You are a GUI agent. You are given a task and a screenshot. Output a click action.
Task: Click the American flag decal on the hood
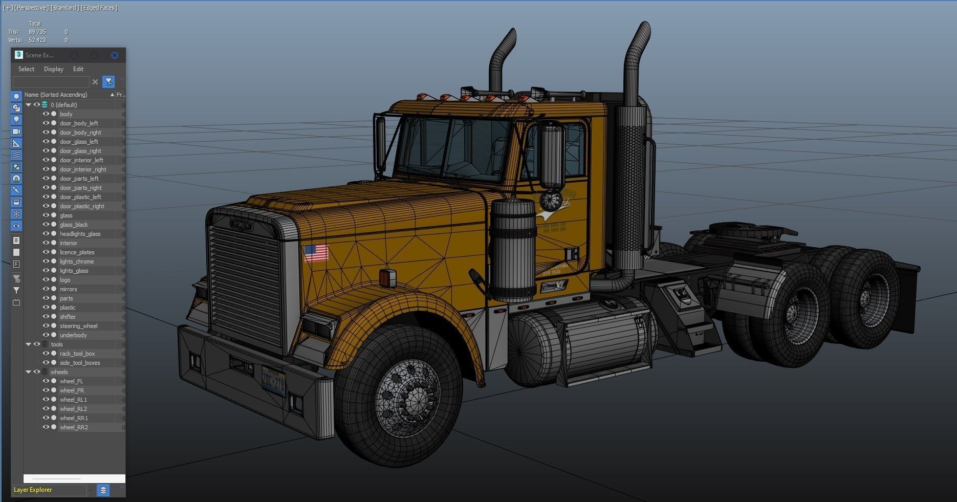(x=316, y=253)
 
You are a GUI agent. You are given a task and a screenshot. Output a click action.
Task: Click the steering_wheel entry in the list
(x=78, y=326)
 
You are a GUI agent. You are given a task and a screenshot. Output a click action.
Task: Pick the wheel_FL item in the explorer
(x=71, y=381)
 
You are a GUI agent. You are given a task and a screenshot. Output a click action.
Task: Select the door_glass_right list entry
(x=80, y=151)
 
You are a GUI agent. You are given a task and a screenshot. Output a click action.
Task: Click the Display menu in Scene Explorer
(x=54, y=69)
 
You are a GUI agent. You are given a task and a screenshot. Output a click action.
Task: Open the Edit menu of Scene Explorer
(x=78, y=69)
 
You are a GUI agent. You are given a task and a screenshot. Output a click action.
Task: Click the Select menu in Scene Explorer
(x=26, y=69)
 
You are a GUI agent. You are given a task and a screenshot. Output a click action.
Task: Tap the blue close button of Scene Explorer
(x=115, y=55)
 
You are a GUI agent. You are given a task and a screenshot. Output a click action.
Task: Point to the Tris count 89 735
(x=37, y=32)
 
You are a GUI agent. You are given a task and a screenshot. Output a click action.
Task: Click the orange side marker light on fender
(x=387, y=277)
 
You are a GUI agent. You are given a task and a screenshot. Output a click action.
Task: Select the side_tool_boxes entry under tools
(x=80, y=363)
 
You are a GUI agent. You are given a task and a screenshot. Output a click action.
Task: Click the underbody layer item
(x=73, y=335)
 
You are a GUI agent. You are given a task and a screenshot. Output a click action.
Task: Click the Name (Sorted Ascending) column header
(x=56, y=95)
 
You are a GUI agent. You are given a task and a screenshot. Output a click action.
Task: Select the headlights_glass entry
(x=80, y=234)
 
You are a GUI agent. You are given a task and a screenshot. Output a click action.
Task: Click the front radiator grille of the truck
(x=245, y=287)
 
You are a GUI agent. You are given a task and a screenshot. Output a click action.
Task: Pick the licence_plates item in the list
(x=77, y=252)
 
